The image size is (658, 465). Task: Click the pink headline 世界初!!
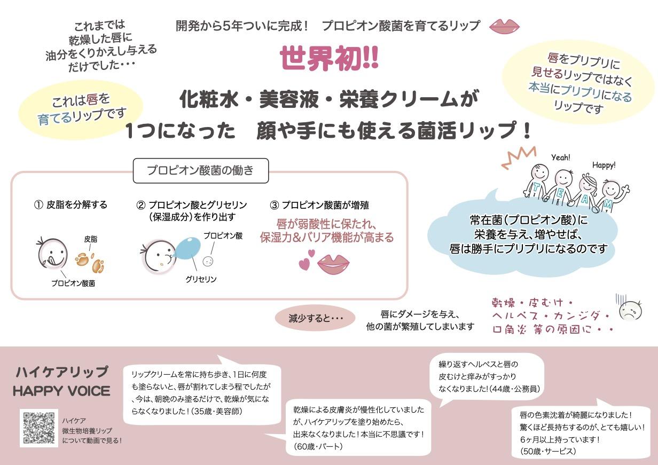point(329,58)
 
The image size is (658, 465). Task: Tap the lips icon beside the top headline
point(504,26)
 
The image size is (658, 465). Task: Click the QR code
point(39,428)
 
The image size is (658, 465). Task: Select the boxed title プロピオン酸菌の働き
point(201,170)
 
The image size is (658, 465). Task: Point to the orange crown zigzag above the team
point(519,158)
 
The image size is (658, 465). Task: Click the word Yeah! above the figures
point(561,157)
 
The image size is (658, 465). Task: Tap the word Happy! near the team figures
point(604,165)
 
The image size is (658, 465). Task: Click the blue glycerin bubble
point(188,249)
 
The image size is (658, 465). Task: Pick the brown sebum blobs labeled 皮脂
point(90,263)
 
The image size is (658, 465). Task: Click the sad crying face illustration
point(630,311)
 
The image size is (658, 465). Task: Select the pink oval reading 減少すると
point(315,318)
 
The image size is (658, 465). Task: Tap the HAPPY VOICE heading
point(62,391)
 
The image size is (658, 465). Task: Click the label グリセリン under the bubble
point(201,279)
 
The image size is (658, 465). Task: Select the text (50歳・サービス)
point(548,452)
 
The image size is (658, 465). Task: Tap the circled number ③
point(274,205)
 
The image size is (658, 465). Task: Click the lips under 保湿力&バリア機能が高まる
point(333,264)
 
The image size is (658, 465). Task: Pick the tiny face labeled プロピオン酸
point(208,261)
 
